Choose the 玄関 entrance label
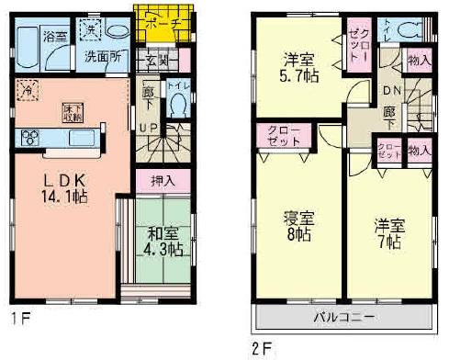coord(156,62)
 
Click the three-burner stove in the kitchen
coord(28,140)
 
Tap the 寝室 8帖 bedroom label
coord(297,228)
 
